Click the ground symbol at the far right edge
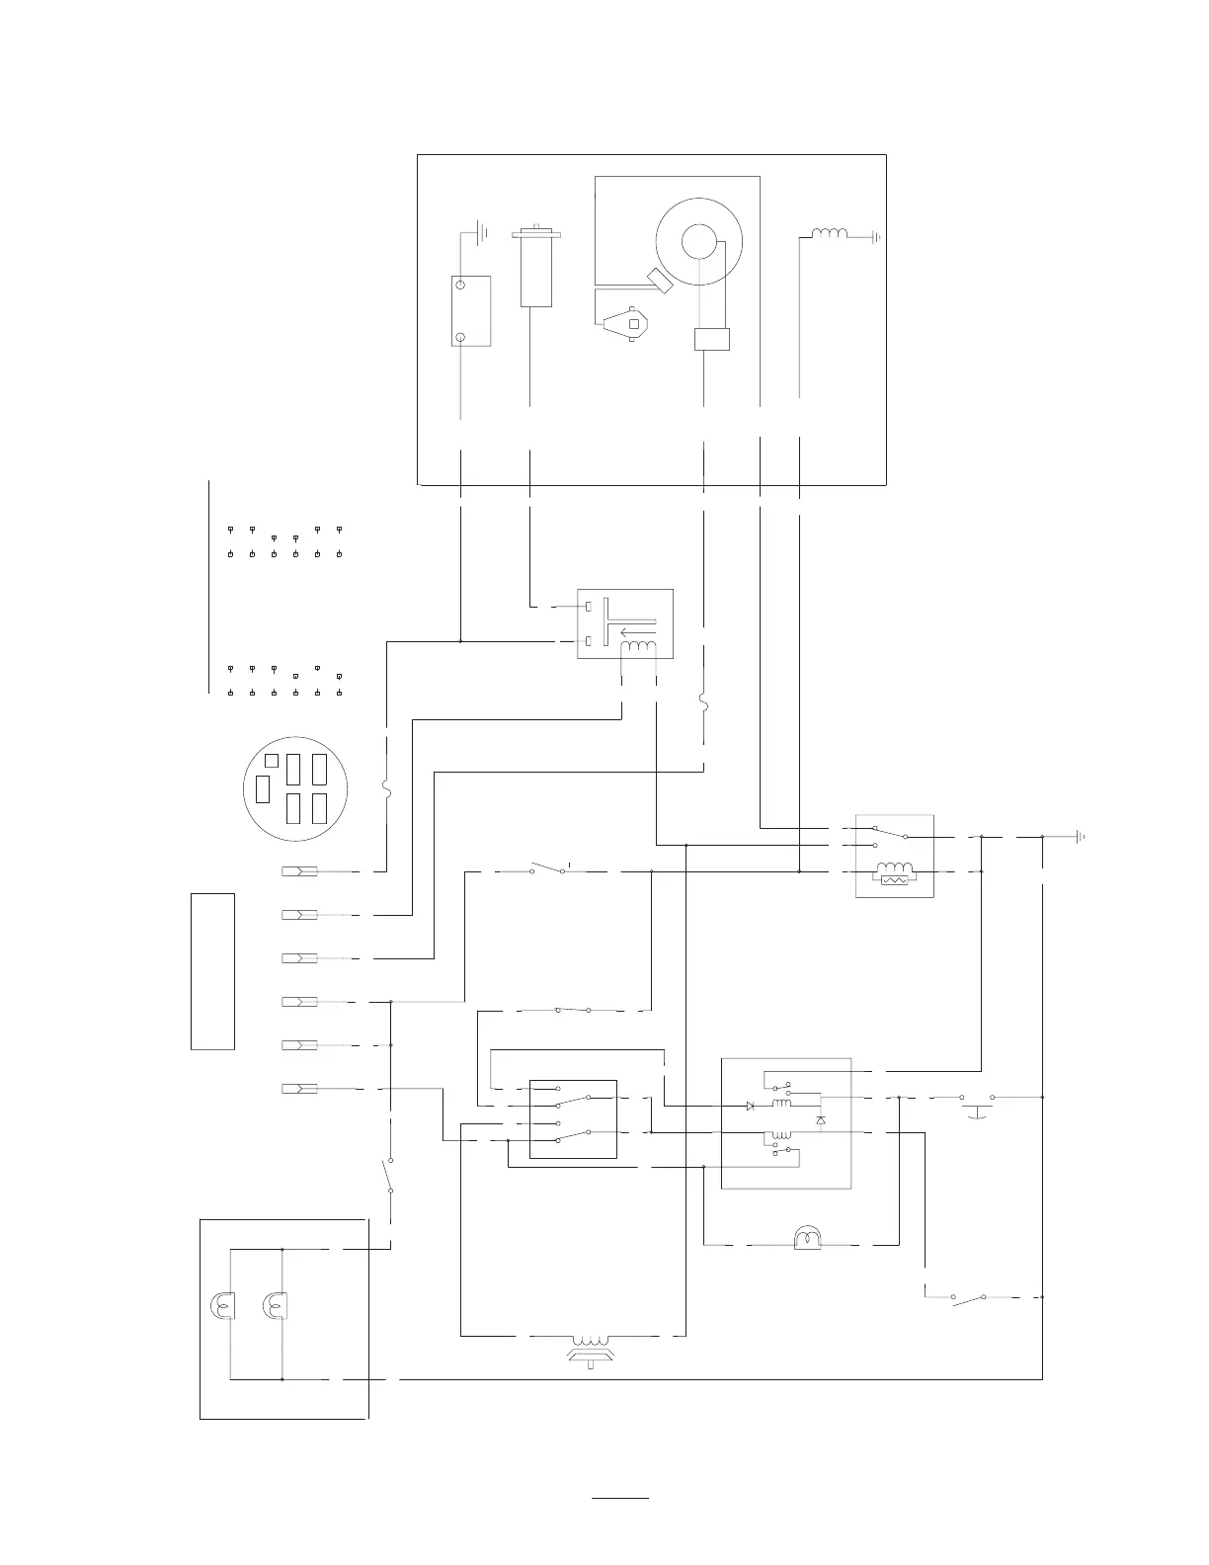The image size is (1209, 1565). pos(1081,836)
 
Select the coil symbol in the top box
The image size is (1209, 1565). pos(830,234)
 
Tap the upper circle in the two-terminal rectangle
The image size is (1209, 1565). pos(459,286)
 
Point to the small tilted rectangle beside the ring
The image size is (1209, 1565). pos(660,280)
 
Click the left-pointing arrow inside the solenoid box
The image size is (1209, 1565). pos(637,632)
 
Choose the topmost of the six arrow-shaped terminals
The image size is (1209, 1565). pos(299,872)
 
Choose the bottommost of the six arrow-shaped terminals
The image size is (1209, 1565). pos(299,1089)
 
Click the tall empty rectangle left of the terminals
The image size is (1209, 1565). pos(212,971)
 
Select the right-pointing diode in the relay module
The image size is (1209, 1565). pos(751,1106)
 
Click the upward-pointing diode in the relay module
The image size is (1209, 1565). pos(821,1120)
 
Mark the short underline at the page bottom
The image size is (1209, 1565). pos(620,1499)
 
